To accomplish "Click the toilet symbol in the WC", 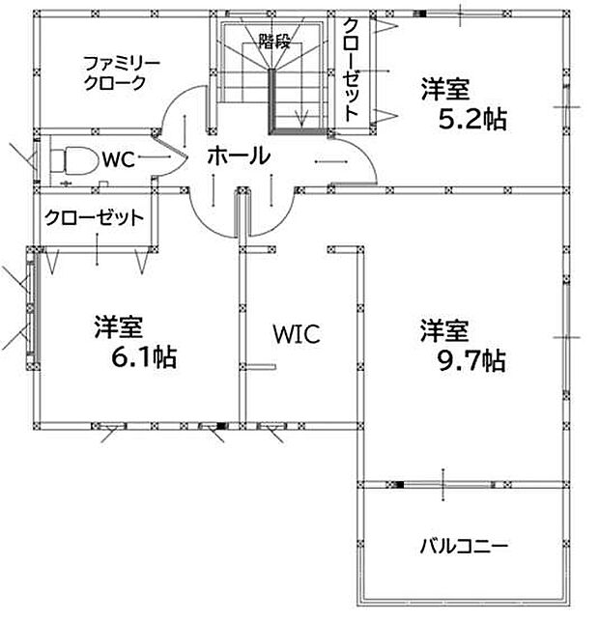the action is pos(74,161).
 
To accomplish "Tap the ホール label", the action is pos(239,155).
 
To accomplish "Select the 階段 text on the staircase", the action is pos(274,41).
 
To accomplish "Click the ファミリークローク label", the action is pos(122,73).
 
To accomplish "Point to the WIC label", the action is pos(297,334).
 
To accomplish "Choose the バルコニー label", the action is pos(464,547).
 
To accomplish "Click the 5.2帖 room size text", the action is pos(472,119).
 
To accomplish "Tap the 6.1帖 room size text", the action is pos(144,357).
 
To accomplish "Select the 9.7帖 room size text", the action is pos(471,360).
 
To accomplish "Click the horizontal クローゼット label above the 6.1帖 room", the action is pos(95,217).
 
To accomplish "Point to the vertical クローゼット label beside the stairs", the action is pos(351,70).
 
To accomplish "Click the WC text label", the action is pos(118,160).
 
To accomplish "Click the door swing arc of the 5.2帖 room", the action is pos(365,151).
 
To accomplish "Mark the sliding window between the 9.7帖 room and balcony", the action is pos(443,485).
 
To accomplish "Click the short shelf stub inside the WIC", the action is pos(260,366).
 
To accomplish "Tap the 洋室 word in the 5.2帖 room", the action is pos(445,90).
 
